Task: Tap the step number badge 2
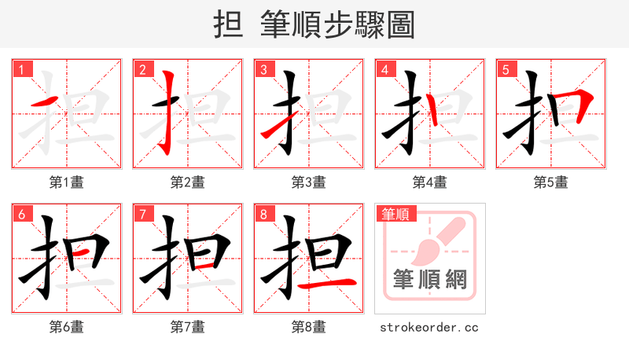pos(142,70)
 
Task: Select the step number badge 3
pos(263,70)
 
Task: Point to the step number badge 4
pos(384,70)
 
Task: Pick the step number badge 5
pos(506,70)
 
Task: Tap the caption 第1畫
pos(66,182)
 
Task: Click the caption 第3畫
pos(308,182)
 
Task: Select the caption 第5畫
pos(550,182)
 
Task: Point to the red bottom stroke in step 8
pos(333,281)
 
